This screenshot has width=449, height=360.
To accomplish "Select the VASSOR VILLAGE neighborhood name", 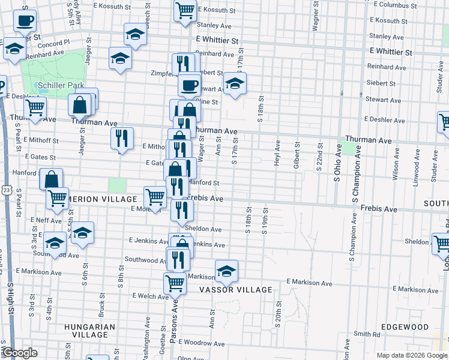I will [x=236, y=290].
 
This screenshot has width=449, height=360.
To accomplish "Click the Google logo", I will [x=20, y=353].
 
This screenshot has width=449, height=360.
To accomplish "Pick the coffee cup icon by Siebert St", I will [x=190, y=85].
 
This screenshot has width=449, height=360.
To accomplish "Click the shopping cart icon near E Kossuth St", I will [x=185, y=10].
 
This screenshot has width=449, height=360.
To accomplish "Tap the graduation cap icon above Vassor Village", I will [x=226, y=271].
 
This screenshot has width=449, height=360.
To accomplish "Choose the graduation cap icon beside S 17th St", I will [x=234, y=83].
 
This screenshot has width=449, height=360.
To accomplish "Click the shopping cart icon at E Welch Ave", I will [x=174, y=282].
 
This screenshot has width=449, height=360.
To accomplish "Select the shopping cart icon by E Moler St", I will [x=155, y=197].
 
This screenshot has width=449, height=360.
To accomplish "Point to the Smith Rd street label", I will [x=367, y=334].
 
